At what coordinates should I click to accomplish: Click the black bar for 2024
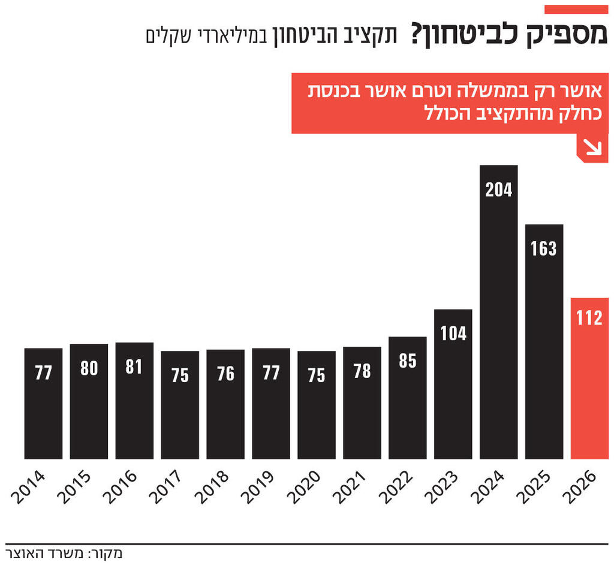click(x=498, y=311)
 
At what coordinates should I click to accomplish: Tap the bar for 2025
click(x=544, y=341)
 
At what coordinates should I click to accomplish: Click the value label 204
click(x=499, y=190)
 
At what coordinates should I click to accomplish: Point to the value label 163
click(x=544, y=249)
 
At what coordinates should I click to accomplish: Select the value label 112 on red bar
click(x=589, y=318)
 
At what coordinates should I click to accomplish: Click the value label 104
click(x=453, y=334)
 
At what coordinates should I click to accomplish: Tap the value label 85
click(x=408, y=361)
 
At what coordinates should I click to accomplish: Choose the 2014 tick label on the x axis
click(x=28, y=486)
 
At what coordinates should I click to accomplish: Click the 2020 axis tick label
click(x=302, y=486)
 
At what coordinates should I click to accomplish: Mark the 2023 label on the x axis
click(x=439, y=486)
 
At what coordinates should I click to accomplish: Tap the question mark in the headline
click(x=417, y=34)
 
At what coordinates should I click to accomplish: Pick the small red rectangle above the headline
click(x=576, y=9)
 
